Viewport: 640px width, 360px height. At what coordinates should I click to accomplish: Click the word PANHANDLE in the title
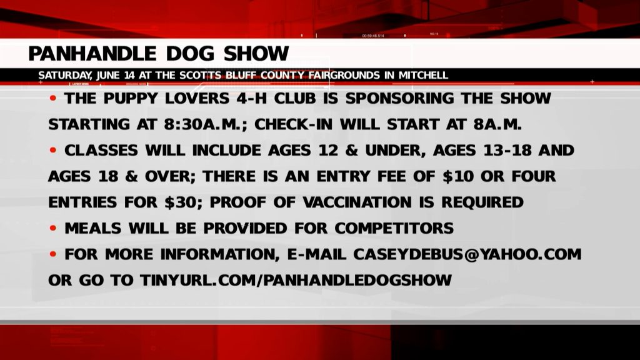click(92, 54)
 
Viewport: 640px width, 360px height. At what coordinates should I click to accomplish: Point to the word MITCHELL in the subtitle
click(423, 76)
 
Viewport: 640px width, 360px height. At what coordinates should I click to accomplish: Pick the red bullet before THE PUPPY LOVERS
click(53, 98)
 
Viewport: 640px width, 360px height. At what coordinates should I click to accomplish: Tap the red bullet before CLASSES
click(53, 150)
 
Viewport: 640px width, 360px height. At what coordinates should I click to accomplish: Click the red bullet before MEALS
click(53, 228)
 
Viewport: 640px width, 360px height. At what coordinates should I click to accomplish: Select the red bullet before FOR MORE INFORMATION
click(53, 254)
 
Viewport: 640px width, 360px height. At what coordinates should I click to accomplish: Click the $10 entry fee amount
click(458, 176)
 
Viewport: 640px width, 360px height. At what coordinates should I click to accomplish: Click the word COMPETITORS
click(394, 228)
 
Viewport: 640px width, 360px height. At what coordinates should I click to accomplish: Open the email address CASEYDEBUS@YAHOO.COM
click(467, 254)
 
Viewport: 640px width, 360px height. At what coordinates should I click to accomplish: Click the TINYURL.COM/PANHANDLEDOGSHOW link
click(296, 281)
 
